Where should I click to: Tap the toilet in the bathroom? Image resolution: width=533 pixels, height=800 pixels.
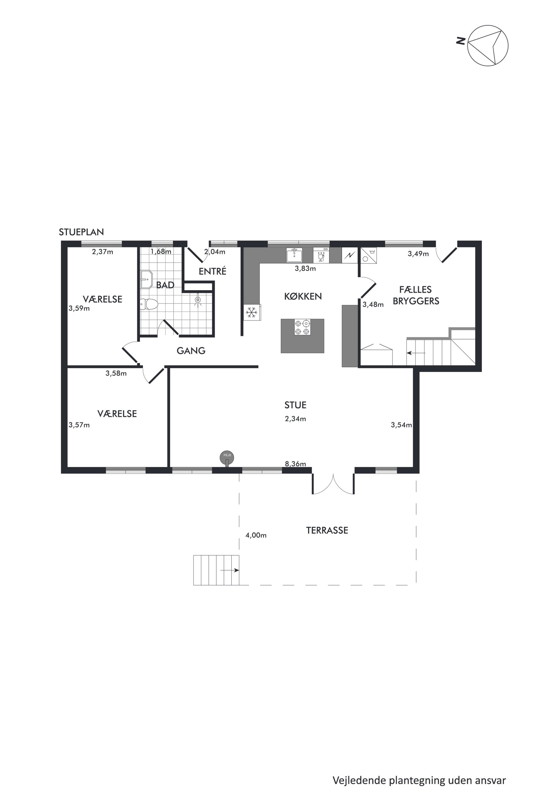point(149,304)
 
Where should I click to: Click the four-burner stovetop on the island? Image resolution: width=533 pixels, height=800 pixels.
point(302,327)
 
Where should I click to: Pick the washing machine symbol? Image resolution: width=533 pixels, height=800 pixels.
point(369,255)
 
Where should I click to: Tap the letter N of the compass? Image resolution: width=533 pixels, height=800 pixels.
point(460,41)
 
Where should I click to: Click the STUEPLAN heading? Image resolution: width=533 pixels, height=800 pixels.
point(81,232)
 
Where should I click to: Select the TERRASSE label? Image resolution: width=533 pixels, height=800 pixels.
point(327,531)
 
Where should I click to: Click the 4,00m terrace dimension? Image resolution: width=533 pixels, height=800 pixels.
point(256,535)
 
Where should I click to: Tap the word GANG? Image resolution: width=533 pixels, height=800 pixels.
point(191,351)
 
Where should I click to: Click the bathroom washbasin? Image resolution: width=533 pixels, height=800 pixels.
point(146,280)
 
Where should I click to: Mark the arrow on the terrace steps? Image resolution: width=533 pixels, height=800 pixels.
point(230,570)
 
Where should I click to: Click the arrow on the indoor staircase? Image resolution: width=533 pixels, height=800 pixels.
point(416,353)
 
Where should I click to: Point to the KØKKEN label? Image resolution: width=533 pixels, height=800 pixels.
point(303,296)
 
